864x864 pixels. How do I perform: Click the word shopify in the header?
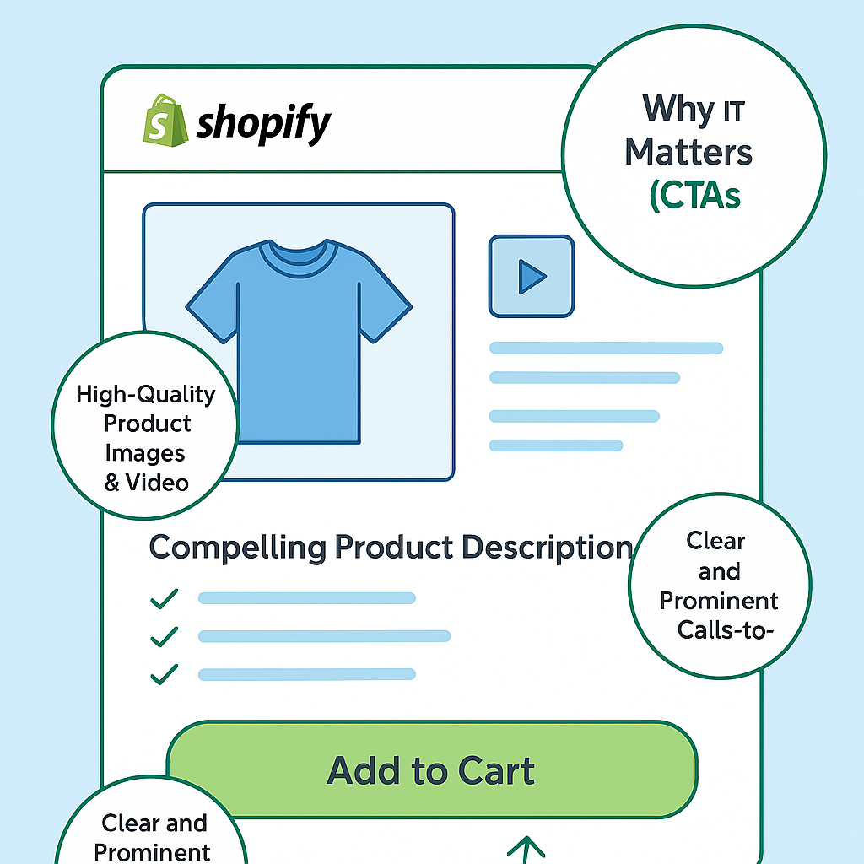[264, 125]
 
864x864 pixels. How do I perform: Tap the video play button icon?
[532, 276]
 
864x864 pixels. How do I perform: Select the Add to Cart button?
[431, 770]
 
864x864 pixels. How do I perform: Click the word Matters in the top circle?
[688, 153]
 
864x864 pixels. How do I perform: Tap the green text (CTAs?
[694, 195]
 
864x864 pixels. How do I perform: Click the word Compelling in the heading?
[237, 547]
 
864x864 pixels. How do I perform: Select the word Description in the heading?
[548, 547]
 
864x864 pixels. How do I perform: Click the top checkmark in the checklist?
[164, 598]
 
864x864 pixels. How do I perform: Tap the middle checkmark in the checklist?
[164, 636]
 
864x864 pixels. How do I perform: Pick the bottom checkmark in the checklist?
[164, 674]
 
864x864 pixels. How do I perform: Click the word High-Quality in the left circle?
[146, 394]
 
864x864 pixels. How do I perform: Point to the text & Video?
[146, 482]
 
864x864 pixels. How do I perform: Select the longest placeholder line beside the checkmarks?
[324, 636]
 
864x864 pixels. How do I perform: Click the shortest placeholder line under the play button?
[556, 445]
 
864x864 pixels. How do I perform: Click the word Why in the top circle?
[671, 110]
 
